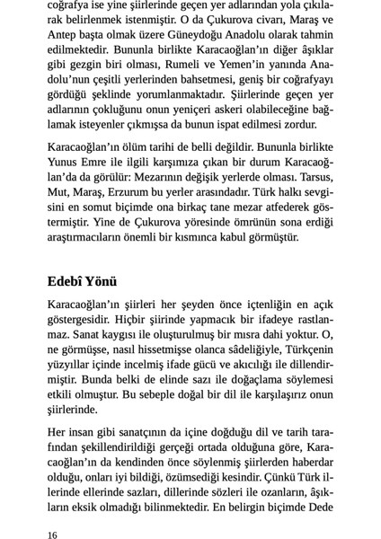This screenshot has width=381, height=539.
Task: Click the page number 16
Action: [x=53, y=535]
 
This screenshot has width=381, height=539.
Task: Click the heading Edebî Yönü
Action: [x=83, y=281]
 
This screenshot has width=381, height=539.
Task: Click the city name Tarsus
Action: [x=314, y=177]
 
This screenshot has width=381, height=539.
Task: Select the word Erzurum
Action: [x=137, y=193]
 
